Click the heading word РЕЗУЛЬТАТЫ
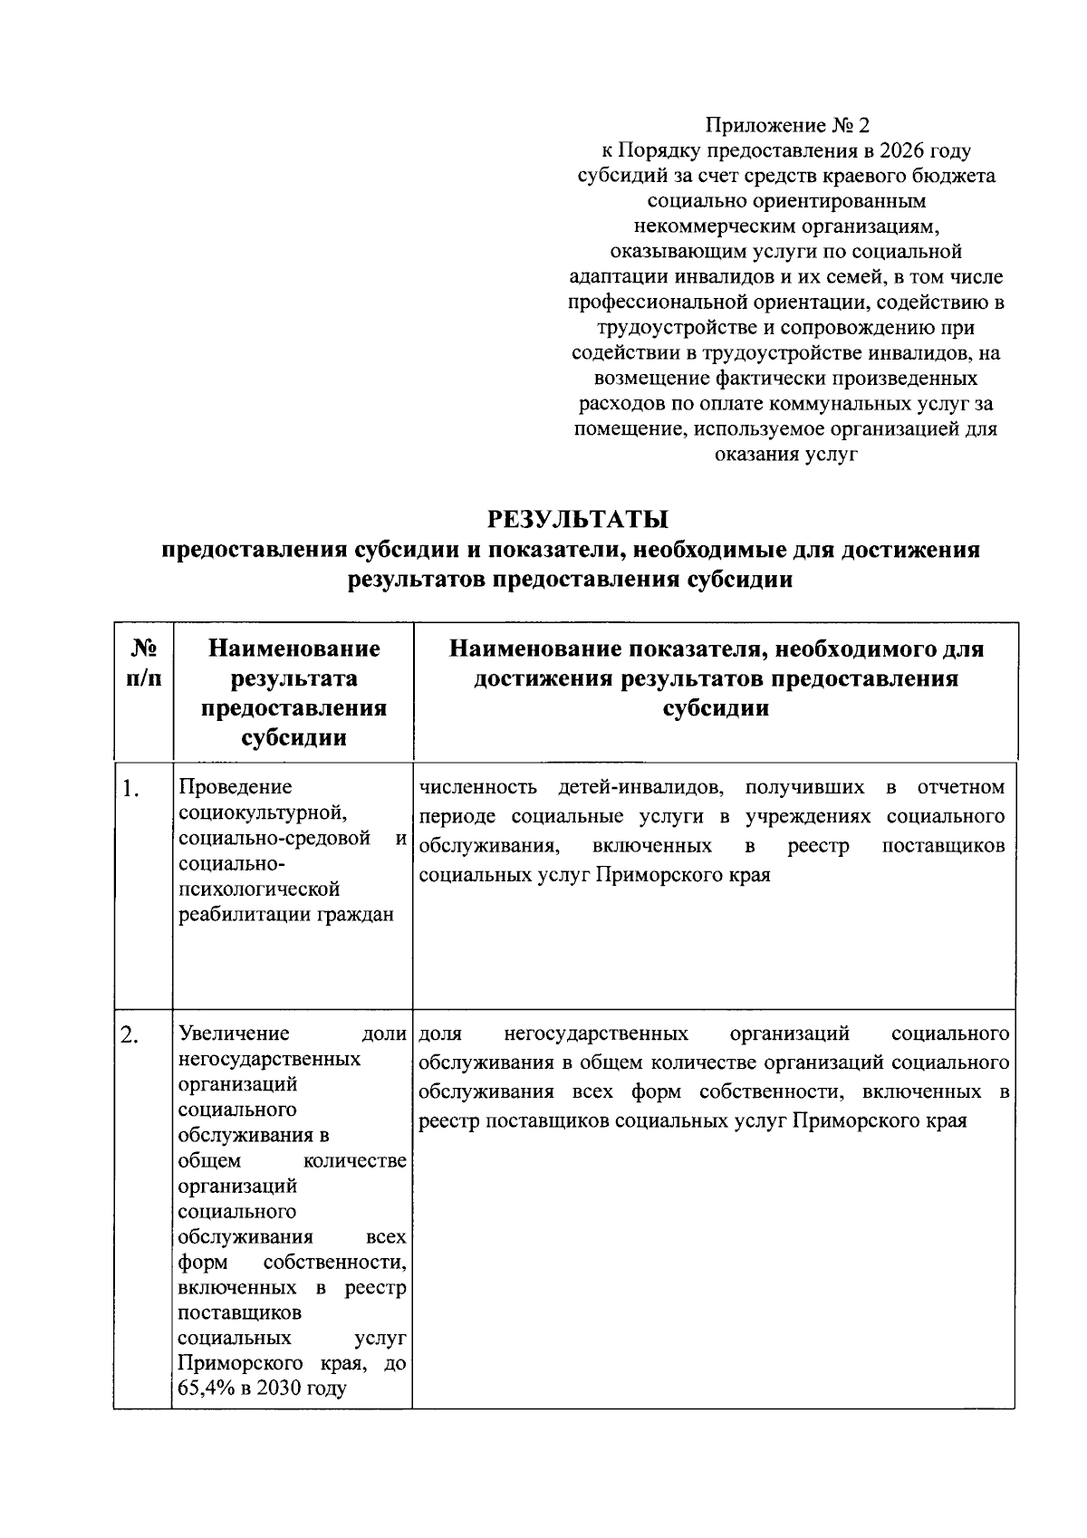pos(577,519)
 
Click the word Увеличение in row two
pos(235,1033)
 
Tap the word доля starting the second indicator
pos(441,1033)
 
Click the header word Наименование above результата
pos(293,649)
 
